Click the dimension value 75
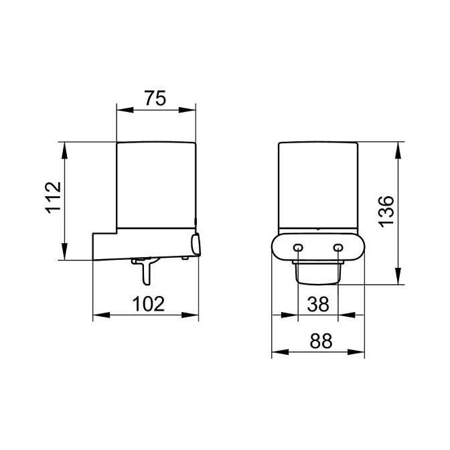tap(155, 98)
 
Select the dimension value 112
tap(54, 197)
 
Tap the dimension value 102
tap(149, 304)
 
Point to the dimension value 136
tap(386, 212)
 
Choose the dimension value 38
tap(318, 304)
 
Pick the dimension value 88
tap(321, 341)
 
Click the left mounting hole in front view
tap(298, 247)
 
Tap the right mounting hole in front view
tap(338, 247)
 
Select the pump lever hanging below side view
tap(145, 271)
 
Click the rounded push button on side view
tap(196, 244)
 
